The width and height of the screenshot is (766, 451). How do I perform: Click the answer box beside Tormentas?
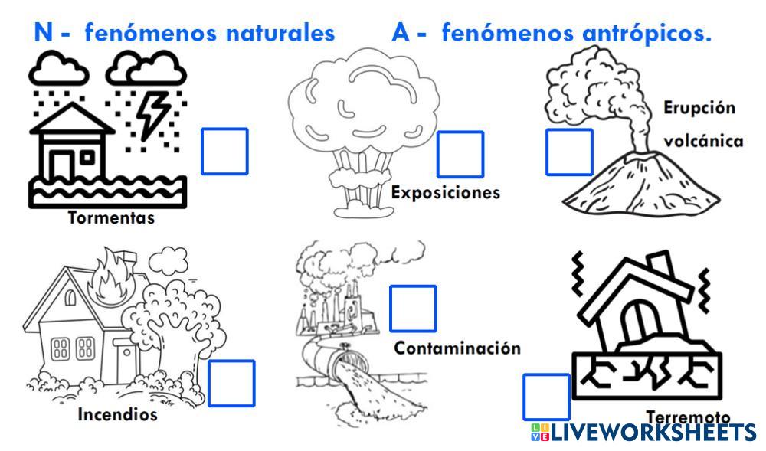click(224, 151)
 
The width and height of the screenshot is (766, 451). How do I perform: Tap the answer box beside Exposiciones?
click(460, 155)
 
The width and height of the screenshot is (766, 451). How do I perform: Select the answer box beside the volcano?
click(569, 152)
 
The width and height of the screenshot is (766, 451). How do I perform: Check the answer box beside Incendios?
click(231, 383)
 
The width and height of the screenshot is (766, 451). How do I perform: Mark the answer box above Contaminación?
click(413, 309)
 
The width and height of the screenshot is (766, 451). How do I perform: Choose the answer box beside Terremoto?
click(547, 397)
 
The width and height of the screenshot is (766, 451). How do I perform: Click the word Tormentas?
click(111, 218)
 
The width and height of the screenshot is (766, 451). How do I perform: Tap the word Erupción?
click(699, 108)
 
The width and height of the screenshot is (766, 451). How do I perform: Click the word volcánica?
click(703, 142)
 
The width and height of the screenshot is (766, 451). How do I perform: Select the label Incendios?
click(117, 415)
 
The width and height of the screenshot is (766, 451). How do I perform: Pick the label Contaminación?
click(457, 348)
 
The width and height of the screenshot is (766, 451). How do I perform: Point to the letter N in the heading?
click(44, 33)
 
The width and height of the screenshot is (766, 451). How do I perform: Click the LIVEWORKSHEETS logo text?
click(651, 433)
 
